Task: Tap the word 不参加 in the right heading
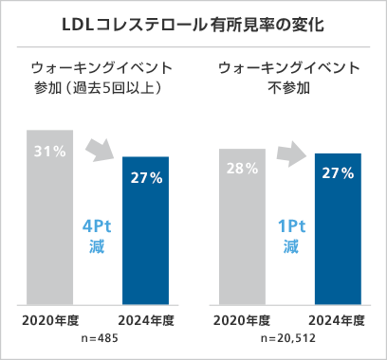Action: [x=288, y=91]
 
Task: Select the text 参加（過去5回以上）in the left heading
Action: [x=99, y=91]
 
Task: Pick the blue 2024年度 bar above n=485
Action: [x=147, y=237]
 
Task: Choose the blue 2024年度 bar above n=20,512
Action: [x=338, y=237]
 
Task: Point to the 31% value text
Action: [x=51, y=152]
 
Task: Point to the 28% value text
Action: [x=242, y=168]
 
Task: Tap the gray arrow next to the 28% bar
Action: [x=289, y=154]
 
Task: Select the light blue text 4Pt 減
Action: [x=99, y=236]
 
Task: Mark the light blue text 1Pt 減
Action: [x=289, y=236]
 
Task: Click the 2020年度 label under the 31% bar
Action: [x=51, y=317]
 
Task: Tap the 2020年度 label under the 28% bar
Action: [x=242, y=317]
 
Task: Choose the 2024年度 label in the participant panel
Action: [x=147, y=317]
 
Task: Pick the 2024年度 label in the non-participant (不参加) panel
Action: [x=338, y=317]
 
